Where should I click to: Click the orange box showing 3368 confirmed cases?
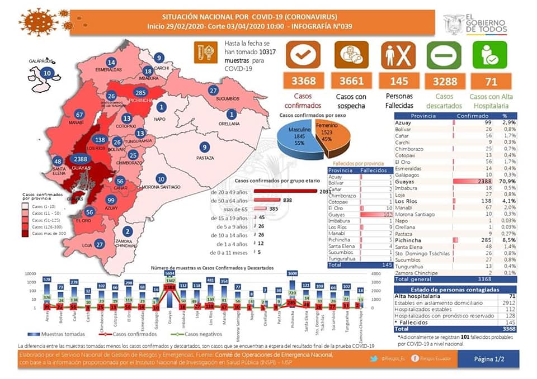coord(303,82)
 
